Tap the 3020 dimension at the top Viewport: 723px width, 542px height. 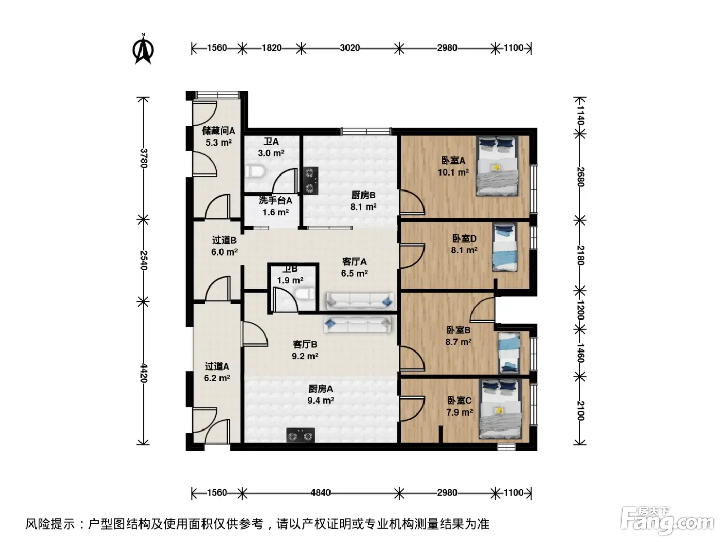(x=350, y=48)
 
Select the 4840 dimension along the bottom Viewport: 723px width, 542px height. (x=321, y=492)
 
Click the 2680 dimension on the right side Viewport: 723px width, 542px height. (x=580, y=177)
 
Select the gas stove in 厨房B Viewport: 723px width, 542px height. (x=310, y=180)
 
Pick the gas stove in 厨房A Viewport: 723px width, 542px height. (x=300, y=435)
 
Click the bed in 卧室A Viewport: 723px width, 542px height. (x=497, y=166)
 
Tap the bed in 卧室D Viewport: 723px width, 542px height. (x=504, y=247)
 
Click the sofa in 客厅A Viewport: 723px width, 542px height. (x=359, y=301)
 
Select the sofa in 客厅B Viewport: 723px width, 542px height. (x=357, y=325)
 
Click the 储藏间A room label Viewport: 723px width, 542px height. (x=218, y=131)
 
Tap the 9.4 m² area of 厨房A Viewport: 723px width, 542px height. (x=321, y=401)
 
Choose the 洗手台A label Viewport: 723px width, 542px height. (x=275, y=200)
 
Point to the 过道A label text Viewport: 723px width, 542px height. (x=216, y=366)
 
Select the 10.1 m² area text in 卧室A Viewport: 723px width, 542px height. (x=453, y=172)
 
